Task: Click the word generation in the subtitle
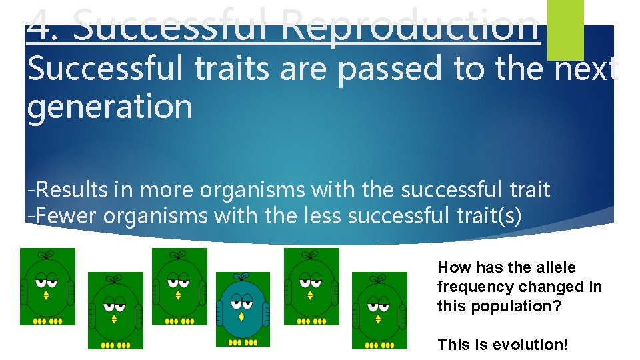[x=109, y=107]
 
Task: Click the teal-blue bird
[x=243, y=309]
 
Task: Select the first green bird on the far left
[x=47, y=287]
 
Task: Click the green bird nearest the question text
[x=379, y=310]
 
